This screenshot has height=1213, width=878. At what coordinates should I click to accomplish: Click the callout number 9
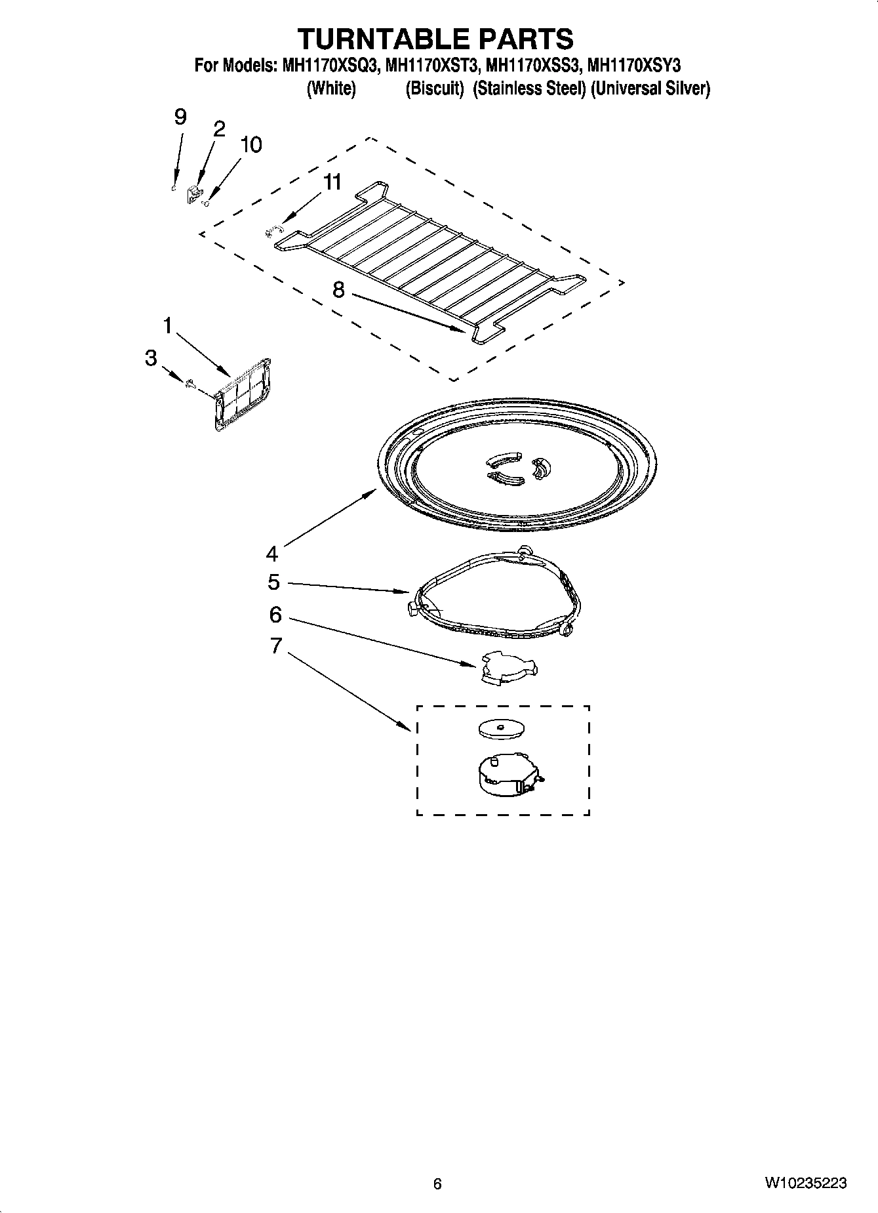(x=180, y=117)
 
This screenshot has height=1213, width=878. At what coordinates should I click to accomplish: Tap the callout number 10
(x=250, y=144)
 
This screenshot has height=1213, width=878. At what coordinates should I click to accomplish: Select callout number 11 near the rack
(x=333, y=182)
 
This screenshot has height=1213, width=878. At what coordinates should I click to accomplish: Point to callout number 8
(x=338, y=289)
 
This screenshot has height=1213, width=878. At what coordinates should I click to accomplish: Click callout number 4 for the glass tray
(x=272, y=554)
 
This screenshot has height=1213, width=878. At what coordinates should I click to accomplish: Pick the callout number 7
(x=276, y=646)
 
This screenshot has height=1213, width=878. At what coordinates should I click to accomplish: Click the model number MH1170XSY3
(x=634, y=66)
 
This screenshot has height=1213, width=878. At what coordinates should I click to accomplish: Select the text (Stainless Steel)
(x=529, y=89)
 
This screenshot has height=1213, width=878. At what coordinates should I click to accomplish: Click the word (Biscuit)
(x=435, y=89)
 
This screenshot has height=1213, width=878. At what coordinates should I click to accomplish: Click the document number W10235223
(x=805, y=1183)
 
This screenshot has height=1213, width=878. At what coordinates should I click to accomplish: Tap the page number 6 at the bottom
(x=438, y=1183)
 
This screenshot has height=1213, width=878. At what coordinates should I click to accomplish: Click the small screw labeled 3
(x=189, y=384)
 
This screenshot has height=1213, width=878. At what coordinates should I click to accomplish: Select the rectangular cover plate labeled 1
(x=242, y=395)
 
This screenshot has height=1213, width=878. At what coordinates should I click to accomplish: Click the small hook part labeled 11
(x=273, y=229)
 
